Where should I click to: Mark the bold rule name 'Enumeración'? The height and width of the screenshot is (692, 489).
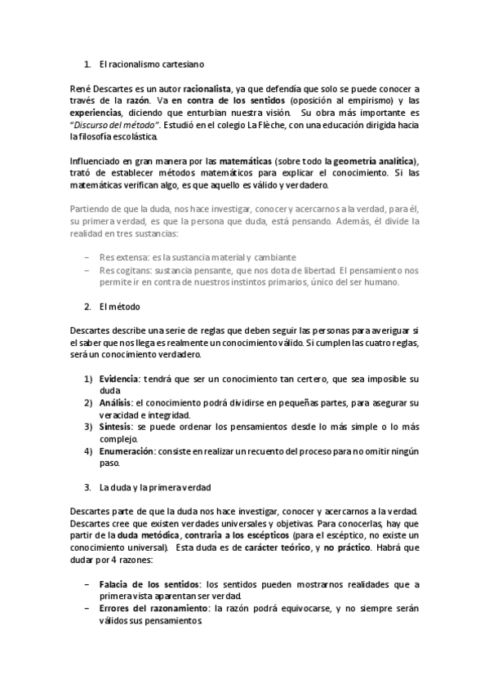[x=126, y=450]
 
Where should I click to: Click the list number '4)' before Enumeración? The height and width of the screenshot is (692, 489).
[x=87, y=450]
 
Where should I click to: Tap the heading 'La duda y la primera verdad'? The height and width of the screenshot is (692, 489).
[x=154, y=488]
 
